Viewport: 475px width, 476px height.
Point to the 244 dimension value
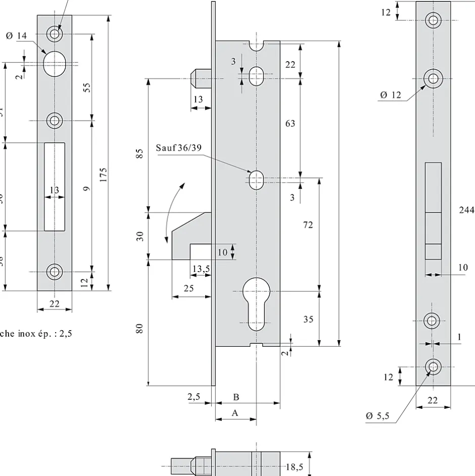pyautogui.click(x=466, y=210)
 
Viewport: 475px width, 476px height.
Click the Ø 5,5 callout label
pyautogui.click(x=377, y=416)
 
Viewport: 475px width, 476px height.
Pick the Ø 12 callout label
pyautogui.click(x=390, y=94)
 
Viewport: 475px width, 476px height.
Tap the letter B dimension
pyautogui.click(x=236, y=397)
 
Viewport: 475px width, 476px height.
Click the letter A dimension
pyautogui.click(x=234, y=413)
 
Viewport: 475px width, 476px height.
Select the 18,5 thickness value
pyautogui.click(x=294, y=466)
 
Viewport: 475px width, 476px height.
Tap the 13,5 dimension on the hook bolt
pyautogui.click(x=201, y=269)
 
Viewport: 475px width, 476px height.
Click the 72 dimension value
pyautogui.click(x=308, y=225)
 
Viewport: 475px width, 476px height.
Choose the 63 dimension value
pyautogui.click(x=290, y=123)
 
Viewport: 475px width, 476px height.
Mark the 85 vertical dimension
pyautogui.click(x=141, y=153)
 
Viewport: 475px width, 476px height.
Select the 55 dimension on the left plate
pyautogui.click(x=86, y=87)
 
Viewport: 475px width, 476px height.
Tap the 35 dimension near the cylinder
pyautogui.click(x=308, y=319)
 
